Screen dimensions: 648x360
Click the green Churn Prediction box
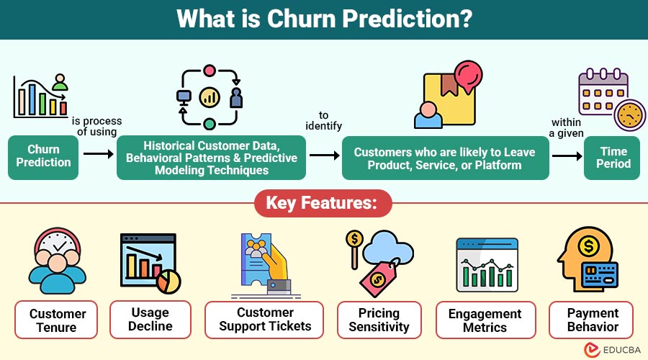coord(43,158)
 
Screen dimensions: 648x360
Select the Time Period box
coord(611,158)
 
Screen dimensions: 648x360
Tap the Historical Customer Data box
coord(211,158)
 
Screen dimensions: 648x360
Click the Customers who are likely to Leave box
coord(446,158)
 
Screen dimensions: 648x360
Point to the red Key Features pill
coord(323,203)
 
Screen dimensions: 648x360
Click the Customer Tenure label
coord(56,320)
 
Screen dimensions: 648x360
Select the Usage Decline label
coord(150,320)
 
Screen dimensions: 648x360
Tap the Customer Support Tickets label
coord(264,320)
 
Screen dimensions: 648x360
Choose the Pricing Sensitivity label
coord(379,320)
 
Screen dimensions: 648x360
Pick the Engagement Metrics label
coord(485,320)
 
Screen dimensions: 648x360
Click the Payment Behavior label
coord(591,320)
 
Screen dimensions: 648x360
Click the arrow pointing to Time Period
coord(567,156)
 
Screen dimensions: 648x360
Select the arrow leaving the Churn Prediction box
coord(99,154)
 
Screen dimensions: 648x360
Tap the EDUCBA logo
coord(612,350)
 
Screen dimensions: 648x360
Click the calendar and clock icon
coord(611,99)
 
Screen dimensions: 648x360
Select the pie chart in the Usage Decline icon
coord(168,282)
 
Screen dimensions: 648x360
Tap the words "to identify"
coord(323,121)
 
